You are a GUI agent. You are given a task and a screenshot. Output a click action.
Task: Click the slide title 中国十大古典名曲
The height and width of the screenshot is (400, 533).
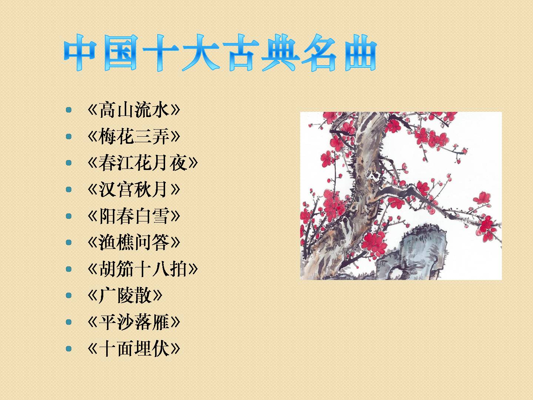coord(220,53)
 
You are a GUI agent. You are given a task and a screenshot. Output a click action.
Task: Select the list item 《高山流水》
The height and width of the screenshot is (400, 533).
coord(134,110)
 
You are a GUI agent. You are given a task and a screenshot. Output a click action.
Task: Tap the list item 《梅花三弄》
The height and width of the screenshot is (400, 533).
coord(134,136)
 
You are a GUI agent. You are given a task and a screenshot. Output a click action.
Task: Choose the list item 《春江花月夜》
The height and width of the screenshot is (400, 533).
coord(143,163)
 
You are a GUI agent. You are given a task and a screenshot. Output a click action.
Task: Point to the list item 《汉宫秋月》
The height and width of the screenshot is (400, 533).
coord(134,189)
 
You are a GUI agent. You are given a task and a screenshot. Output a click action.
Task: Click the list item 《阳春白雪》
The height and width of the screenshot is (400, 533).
coord(134,216)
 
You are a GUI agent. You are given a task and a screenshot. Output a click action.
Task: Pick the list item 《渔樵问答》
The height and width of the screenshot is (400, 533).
coord(134,242)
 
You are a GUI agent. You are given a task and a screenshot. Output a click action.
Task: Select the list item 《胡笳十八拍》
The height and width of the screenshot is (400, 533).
coord(143,269)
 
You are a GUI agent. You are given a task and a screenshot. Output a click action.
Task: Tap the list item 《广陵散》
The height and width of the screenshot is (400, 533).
coord(125,296)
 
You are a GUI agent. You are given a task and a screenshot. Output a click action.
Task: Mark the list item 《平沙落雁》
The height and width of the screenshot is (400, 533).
coord(134,322)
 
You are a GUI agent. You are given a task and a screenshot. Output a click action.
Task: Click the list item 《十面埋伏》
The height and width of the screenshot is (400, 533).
coord(134,349)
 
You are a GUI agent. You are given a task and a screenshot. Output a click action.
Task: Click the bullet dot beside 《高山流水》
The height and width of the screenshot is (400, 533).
coord(69,110)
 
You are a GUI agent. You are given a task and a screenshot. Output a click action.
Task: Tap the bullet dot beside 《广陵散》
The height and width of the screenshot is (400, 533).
coord(69,296)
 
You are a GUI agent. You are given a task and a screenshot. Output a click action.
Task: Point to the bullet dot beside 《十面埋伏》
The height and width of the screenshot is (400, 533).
coord(69,349)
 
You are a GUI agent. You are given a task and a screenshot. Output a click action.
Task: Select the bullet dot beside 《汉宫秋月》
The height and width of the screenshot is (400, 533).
coord(69,189)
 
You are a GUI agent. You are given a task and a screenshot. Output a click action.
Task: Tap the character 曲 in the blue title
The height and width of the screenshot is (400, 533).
coord(361,53)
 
